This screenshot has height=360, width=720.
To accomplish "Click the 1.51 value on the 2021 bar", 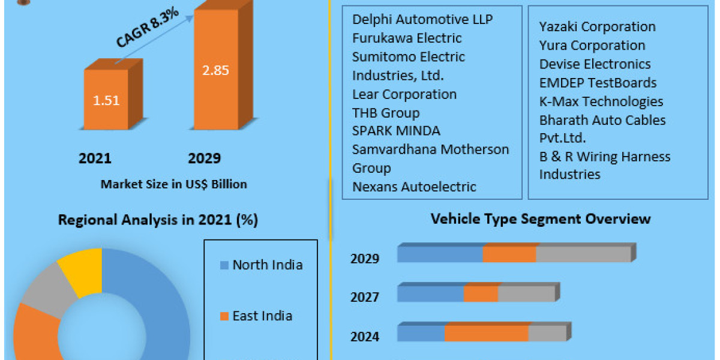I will (x=106, y=100).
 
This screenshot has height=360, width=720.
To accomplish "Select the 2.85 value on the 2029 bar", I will (x=215, y=70).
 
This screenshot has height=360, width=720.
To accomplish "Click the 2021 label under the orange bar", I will (x=95, y=158).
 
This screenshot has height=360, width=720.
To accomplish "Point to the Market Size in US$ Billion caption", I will (x=173, y=184).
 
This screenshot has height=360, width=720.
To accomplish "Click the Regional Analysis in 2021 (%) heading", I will (x=158, y=220).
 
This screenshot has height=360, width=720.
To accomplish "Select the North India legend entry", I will (x=267, y=265).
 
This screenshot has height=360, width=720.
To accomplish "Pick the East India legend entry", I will (x=262, y=316).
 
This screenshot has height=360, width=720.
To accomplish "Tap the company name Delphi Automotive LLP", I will (x=422, y=20).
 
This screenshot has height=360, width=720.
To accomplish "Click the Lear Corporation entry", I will (x=404, y=94).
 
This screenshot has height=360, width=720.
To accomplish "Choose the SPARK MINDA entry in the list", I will (x=396, y=131).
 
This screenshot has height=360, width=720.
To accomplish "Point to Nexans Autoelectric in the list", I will (x=414, y=187).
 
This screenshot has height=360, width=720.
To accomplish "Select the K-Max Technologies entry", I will (x=601, y=101).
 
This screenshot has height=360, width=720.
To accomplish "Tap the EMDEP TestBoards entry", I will (x=598, y=83).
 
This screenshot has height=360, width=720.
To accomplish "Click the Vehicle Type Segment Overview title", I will (x=540, y=218).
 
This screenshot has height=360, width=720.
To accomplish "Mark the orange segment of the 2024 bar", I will (x=486, y=334).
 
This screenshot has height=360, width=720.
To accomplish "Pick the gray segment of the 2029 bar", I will (x=583, y=255).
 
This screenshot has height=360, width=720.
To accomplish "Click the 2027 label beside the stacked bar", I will (x=365, y=298).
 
